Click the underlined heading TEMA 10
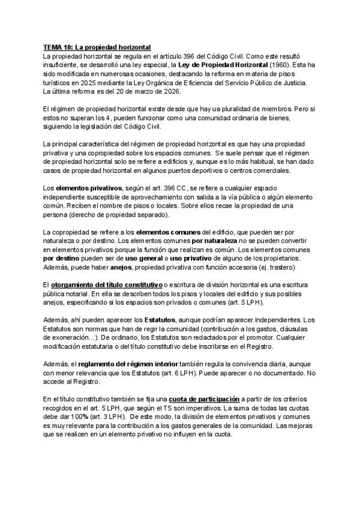point(98,46)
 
